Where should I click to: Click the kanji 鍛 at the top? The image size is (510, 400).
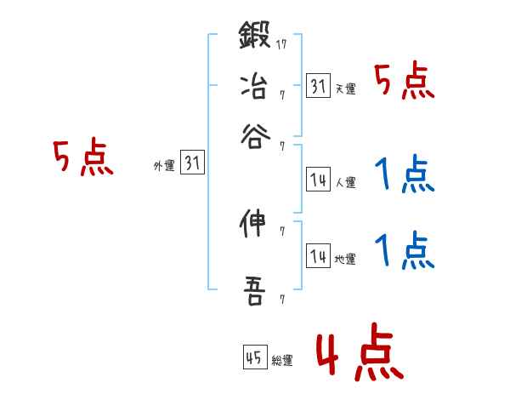click(x=254, y=38)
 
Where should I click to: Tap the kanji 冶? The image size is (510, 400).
click(x=254, y=86)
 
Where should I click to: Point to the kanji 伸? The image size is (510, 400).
click(x=254, y=225)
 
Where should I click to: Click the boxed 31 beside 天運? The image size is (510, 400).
click(x=318, y=86)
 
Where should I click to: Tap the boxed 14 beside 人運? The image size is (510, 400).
click(x=318, y=180)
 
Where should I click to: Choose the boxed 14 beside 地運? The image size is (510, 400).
click(x=318, y=257)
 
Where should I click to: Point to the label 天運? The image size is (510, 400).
click(x=345, y=89)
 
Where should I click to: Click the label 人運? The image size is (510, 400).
click(x=345, y=182)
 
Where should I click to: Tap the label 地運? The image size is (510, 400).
click(x=345, y=260)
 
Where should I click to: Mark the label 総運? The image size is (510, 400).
click(x=282, y=360)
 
